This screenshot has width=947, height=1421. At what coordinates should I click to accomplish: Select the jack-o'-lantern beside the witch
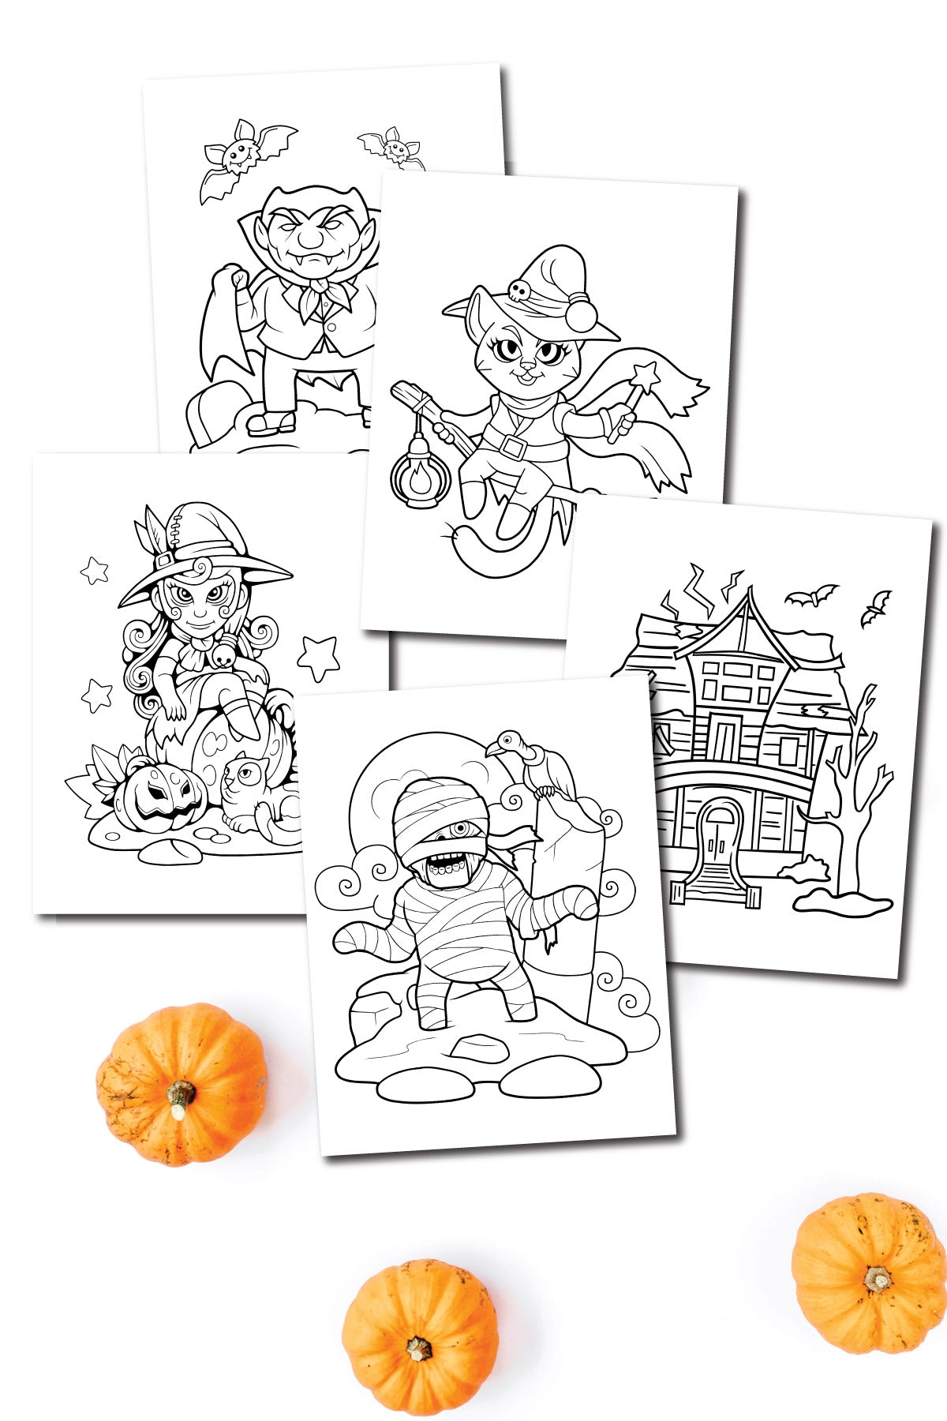click(x=160, y=796)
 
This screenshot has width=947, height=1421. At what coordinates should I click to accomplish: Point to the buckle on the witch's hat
click(x=164, y=560)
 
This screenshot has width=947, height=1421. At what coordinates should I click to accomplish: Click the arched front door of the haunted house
click(x=720, y=838)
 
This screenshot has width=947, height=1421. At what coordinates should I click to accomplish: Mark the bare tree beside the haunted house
click(x=849, y=797)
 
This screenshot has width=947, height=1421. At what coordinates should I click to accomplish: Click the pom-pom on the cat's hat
click(x=583, y=316)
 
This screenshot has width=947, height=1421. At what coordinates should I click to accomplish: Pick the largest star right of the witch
click(x=319, y=657)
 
